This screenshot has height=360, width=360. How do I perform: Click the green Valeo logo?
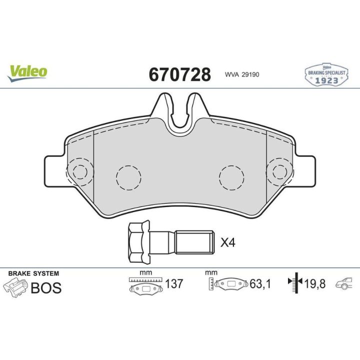27,73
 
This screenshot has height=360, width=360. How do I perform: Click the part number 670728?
180,74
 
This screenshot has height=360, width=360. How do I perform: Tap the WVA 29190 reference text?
242,74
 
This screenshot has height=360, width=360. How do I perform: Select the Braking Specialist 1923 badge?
326,74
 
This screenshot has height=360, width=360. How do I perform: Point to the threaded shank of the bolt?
194,242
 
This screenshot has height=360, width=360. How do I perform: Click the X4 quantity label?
228,242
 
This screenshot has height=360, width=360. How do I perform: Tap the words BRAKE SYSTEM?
33,273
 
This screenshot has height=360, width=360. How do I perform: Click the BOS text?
46,287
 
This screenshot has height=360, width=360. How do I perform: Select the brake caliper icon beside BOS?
15,287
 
